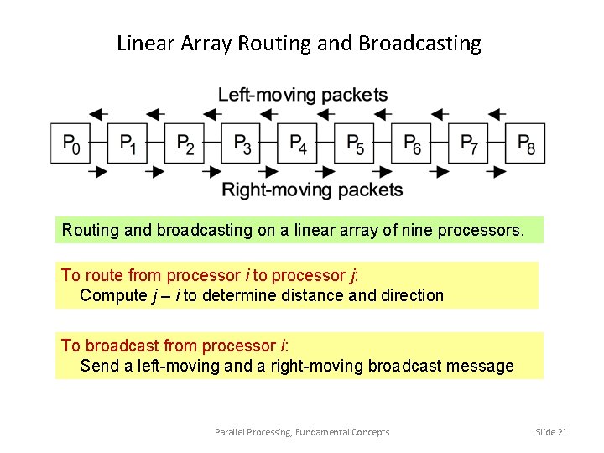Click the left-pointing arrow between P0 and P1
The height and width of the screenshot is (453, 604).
point(98,113)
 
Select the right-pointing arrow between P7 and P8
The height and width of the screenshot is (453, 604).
point(497,172)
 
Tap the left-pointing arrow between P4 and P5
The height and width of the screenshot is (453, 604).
point(325,113)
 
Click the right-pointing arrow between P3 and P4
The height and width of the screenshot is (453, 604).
point(270,172)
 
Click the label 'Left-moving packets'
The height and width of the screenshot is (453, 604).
point(303,94)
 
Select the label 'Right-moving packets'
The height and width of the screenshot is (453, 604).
point(312,190)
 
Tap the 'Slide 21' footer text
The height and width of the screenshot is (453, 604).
point(551,432)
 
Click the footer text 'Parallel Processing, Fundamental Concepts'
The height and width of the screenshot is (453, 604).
point(302,432)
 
